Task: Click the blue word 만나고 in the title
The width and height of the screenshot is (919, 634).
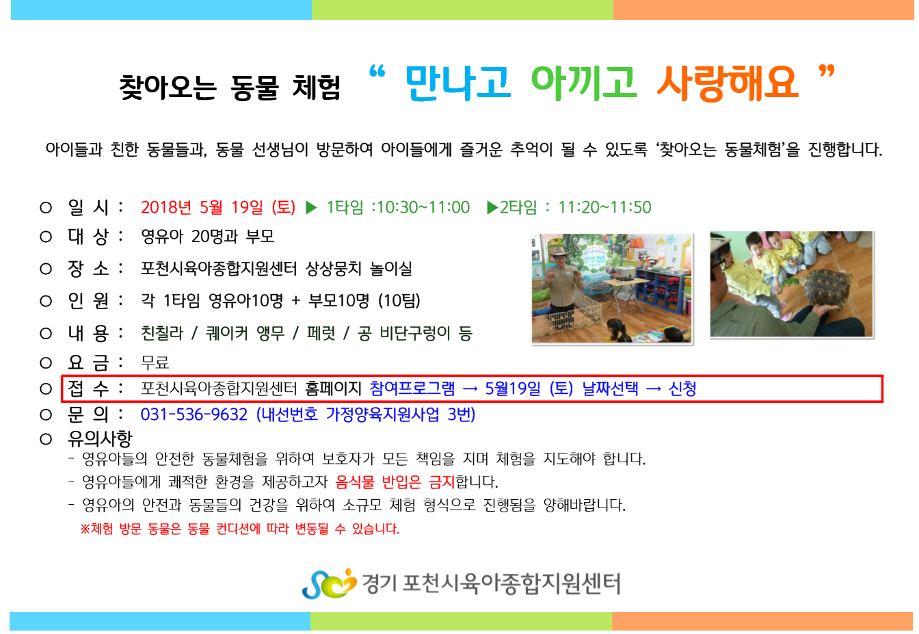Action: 458,83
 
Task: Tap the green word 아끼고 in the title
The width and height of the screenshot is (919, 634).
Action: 584,83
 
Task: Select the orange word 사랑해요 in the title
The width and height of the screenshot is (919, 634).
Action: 728,83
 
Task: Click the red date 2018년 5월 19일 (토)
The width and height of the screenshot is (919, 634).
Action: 218,207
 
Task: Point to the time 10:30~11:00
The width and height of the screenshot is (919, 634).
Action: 423,208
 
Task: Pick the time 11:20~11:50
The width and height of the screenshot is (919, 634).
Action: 604,208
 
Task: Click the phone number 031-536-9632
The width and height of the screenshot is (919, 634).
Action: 194,414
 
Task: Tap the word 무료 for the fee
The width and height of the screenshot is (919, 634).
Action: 155,362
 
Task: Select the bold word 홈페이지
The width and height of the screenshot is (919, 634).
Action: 333,388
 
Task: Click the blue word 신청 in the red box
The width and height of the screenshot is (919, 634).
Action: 682,388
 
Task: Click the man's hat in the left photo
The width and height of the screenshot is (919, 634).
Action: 559,251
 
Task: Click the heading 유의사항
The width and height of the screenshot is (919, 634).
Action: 100,439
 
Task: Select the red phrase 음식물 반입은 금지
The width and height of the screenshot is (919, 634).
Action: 395,481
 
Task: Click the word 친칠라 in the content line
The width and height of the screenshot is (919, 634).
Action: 161,333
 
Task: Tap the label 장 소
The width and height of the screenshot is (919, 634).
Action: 88,269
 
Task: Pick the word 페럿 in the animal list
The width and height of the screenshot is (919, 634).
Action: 321,333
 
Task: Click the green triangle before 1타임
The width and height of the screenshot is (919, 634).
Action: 311,208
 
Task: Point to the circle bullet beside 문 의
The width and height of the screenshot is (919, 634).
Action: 46,415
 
